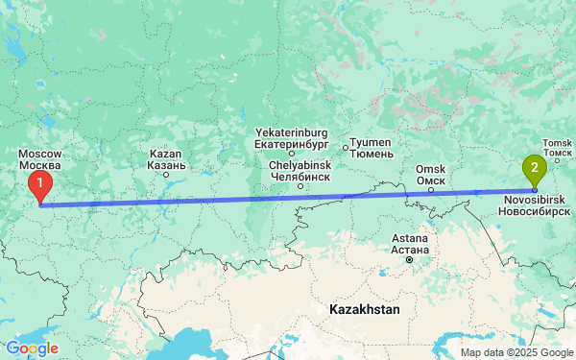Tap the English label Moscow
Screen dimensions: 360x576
click(40, 154)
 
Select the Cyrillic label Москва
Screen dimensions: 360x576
click(40, 165)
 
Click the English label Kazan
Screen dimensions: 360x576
click(166, 154)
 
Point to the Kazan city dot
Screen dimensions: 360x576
click(166, 174)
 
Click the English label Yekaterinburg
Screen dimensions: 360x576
click(291, 132)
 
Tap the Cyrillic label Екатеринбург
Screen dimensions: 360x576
click(291, 144)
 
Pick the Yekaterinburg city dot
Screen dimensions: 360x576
click(292, 154)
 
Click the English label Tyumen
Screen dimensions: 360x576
click(371, 142)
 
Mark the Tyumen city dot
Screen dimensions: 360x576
click(346, 147)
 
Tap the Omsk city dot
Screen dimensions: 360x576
click(431, 190)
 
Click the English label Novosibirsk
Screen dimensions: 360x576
click(535, 199)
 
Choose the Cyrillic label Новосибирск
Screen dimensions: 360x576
click(535, 210)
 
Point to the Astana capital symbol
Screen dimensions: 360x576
click(409, 259)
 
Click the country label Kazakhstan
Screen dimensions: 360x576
click(364, 310)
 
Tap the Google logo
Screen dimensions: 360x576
click(31, 348)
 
